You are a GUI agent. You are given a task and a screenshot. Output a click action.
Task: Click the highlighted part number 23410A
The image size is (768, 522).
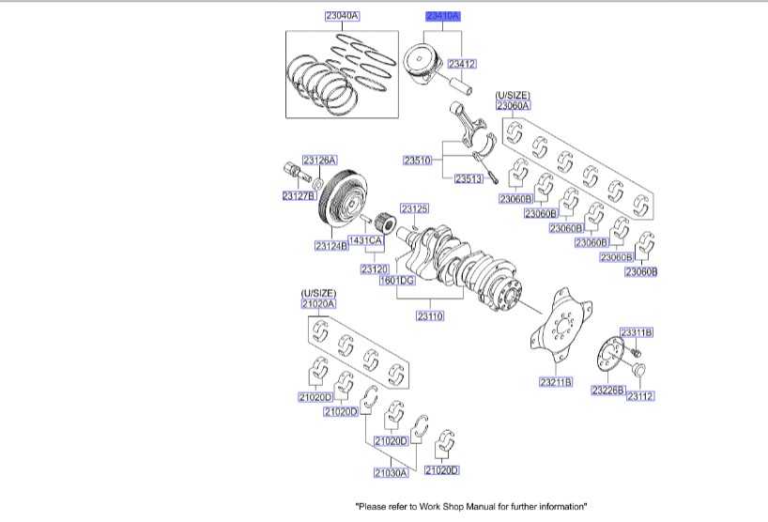pyautogui.click(x=442, y=16)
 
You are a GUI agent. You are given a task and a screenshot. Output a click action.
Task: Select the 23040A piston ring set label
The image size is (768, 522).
pyautogui.click(x=342, y=16)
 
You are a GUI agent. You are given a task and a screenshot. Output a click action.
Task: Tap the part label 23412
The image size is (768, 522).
pyautogui.click(x=461, y=64)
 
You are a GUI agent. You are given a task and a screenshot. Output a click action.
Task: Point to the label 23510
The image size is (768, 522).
pyautogui.click(x=417, y=161)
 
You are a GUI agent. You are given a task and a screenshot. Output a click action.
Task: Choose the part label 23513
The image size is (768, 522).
pyautogui.click(x=468, y=178)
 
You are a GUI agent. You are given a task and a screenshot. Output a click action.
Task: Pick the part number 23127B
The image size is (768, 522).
pyautogui.click(x=298, y=196)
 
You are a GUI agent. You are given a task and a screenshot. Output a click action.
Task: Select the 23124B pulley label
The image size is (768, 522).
pyautogui.click(x=331, y=246)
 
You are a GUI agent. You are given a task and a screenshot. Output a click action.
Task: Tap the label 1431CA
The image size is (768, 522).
pyautogui.click(x=365, y=241)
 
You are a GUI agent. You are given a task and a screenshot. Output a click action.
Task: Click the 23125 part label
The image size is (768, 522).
pyautogui.click(x=414, y=207)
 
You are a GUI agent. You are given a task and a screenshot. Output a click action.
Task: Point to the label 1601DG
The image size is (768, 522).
pyautogui.click(x=396, y=280)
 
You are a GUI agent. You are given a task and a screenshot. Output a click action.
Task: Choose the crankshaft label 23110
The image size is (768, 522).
pyautogui.click(x=430, y=315)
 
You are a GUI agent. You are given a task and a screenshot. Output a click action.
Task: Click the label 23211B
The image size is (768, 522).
pyautogui.click(x=556, y=382)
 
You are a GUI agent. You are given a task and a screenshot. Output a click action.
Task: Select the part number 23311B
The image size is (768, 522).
pyautogui.click(x=637, y=333)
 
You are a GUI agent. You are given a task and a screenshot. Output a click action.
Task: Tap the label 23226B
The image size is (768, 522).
pyautogui.click(x=607, y=390)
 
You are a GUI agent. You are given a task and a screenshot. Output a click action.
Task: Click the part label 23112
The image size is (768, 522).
pyautogui.click(x=639, y=396)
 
